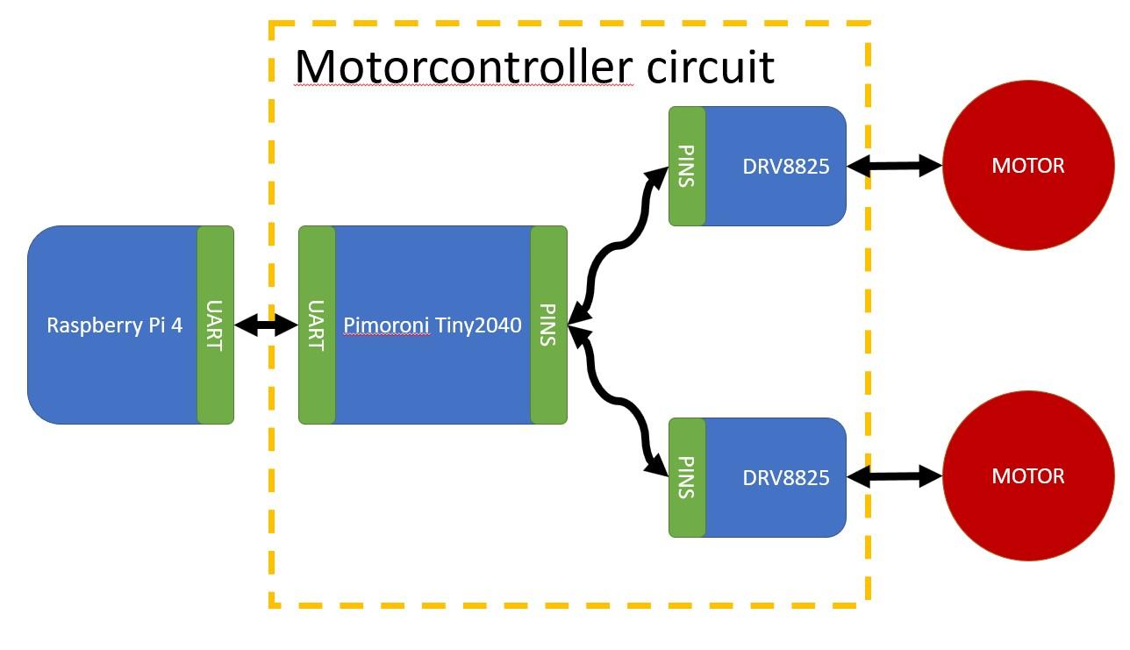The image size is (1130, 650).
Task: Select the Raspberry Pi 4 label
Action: (x=114, y=325)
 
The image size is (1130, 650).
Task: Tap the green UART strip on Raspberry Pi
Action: (x=215, y=325)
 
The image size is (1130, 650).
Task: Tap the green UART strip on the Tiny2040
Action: (x=317, y=325)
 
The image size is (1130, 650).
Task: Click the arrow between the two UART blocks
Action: (x=267, y=325)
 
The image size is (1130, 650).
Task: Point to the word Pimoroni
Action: (x=386, y=325)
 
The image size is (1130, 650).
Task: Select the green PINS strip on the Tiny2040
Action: (x=548, y=325)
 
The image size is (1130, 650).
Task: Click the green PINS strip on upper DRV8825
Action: (x=687, y=166)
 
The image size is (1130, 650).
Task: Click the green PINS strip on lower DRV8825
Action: (x=687, y=477)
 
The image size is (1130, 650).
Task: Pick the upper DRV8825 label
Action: (x=785, y=166)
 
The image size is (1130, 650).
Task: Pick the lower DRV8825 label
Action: (x=785, y=477)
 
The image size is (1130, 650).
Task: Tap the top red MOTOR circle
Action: (x=1028, y=166)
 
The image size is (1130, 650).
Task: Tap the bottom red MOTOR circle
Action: (x=1028, y=476)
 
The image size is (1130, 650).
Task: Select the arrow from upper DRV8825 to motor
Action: (x=894, y=165)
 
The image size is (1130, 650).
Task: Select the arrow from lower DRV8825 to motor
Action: (x=894, y=476)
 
